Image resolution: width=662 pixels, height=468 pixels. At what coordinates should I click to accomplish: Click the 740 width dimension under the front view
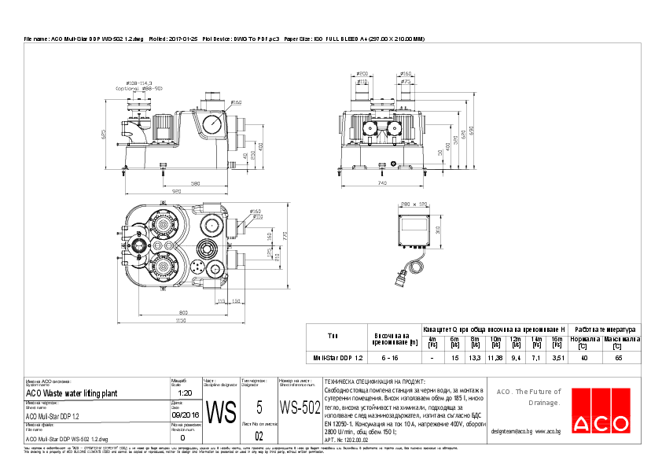tap(382, 182)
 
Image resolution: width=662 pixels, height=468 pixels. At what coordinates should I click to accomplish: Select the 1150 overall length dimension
tap(182, 321)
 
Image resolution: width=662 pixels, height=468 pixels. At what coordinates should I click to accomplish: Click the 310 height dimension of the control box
tap(438, 230)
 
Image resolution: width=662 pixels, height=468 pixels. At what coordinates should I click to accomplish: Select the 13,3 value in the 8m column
tap(475, 357)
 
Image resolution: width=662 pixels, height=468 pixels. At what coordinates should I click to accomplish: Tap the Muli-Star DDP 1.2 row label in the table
tap(338, 357)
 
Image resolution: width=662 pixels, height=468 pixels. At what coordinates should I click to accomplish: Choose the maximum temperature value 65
tap(618, 357)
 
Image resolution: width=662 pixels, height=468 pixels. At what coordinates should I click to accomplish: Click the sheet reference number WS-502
tap(300, 407)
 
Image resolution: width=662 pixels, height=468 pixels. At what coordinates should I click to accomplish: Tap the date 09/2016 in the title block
tap(182, 414)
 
